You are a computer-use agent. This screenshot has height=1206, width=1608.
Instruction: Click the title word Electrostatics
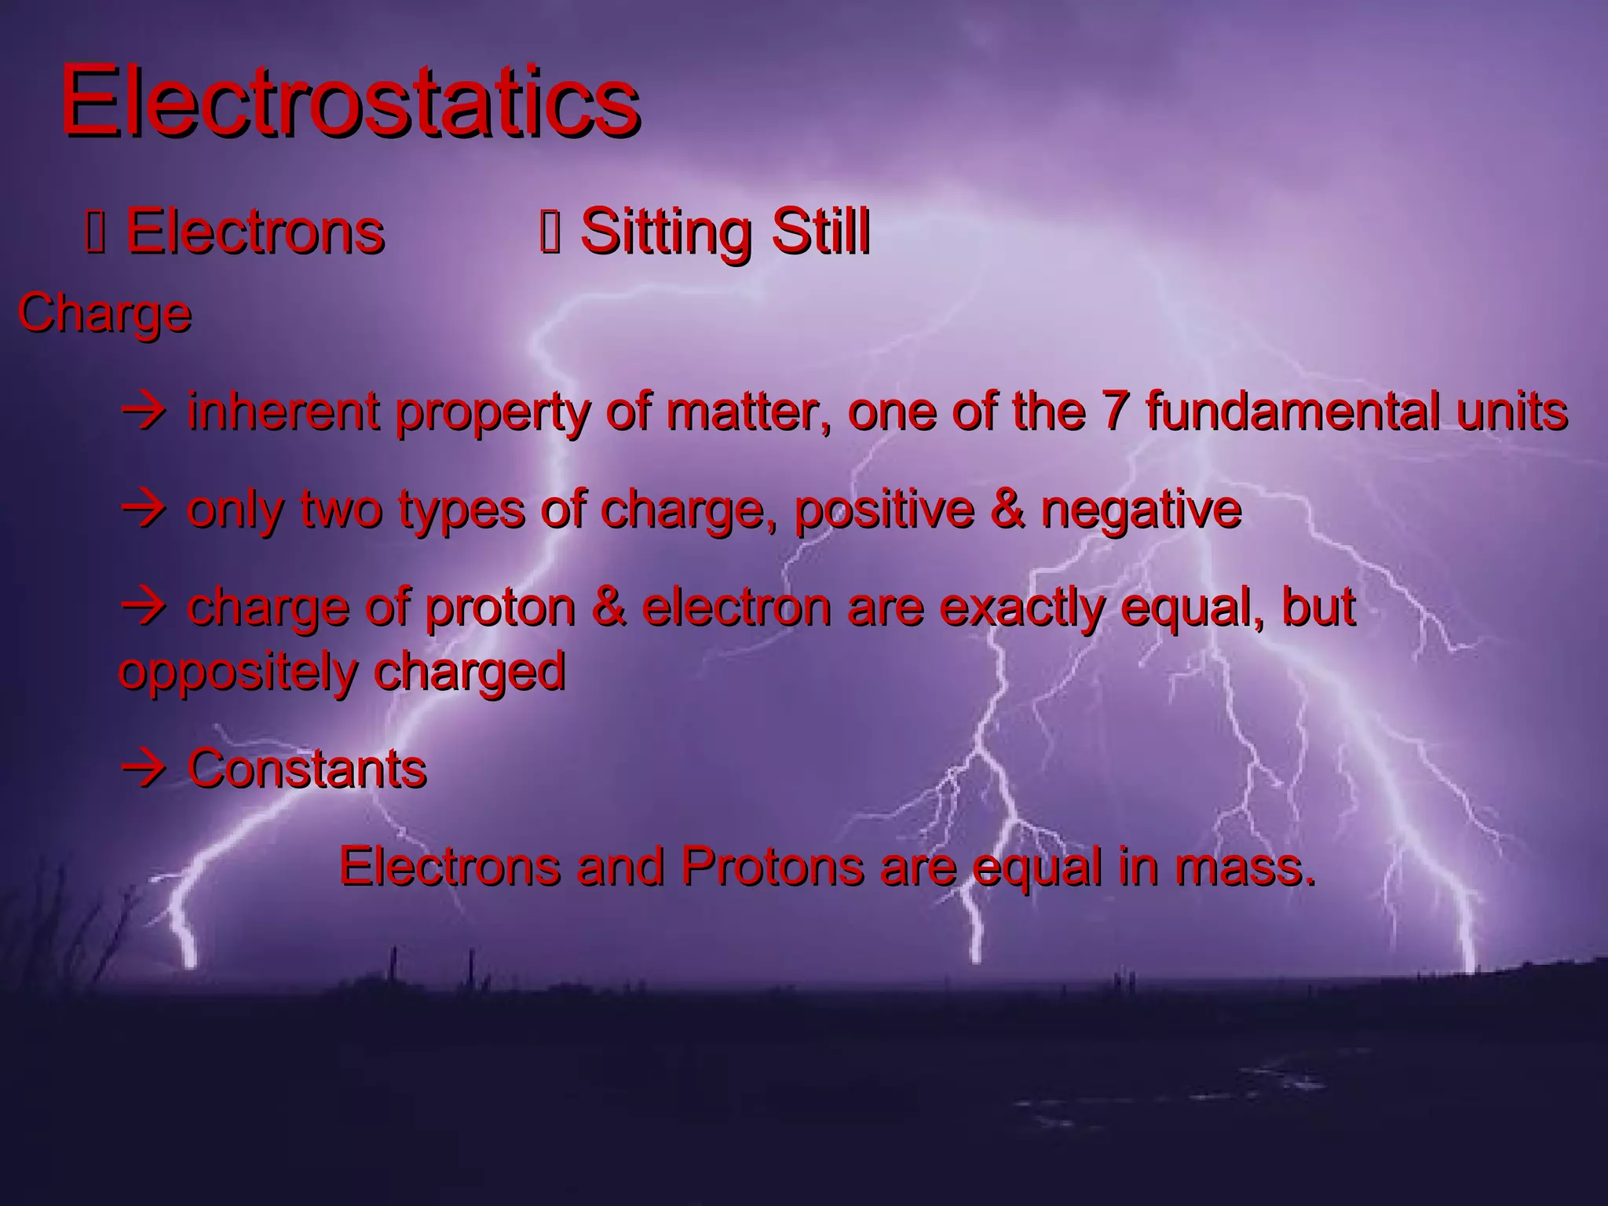tap(349, 102)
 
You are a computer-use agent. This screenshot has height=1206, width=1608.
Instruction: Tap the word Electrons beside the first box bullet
tap(255, 232)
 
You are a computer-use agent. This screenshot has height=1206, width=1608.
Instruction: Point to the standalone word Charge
tap(104, 314)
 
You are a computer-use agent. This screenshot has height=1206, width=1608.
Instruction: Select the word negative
tap(1141, 510)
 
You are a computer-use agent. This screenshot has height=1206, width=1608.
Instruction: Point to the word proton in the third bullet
tap(500, 608)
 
